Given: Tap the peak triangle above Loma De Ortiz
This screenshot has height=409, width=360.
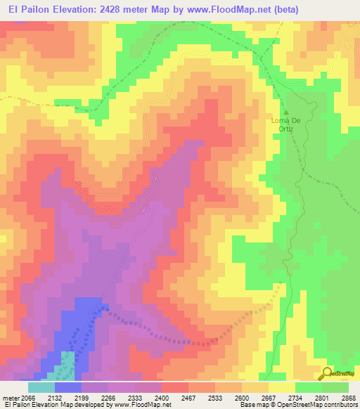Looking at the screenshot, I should [286, 111].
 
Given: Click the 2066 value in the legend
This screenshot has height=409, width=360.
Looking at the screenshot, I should [29, 398].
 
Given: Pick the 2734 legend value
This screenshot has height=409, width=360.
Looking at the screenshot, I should [304, 398].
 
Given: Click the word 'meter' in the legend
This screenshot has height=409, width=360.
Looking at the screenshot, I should [11, 398].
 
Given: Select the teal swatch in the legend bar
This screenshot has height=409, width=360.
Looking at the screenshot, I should [41, 387].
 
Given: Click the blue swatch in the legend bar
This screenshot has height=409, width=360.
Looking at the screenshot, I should [68, 387].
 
